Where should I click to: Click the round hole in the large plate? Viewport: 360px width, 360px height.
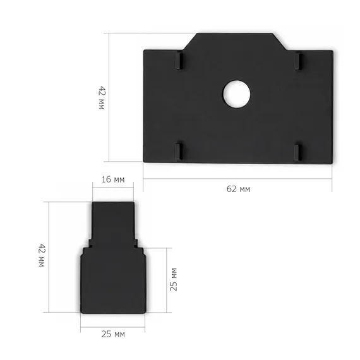(237, 94)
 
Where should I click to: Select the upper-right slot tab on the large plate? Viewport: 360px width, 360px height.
(297, 61)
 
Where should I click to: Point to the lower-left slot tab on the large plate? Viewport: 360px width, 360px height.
(179, 152)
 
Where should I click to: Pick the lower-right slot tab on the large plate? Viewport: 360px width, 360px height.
(297, 153)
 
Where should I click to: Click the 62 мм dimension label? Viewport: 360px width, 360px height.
(238, 189)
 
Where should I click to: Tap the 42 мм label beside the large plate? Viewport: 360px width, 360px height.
(102, 98)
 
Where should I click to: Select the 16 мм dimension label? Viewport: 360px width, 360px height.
(113, 179)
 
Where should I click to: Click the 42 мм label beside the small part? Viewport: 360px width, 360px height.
(42, 255)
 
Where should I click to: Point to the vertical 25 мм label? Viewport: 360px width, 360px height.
(174, 279)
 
